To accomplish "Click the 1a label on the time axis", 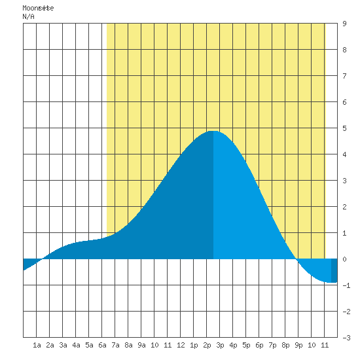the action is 37,345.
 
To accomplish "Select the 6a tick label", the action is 102,345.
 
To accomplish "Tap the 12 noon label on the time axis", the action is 181,345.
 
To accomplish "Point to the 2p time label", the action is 207,345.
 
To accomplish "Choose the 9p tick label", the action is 298,345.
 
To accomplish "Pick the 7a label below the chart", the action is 115,345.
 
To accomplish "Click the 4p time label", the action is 233,345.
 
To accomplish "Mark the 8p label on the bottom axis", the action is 285,345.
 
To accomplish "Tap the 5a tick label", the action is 89,345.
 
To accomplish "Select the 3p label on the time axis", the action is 220,345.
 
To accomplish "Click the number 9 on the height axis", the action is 344,24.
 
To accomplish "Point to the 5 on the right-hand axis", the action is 344,128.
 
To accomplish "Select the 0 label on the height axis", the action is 344,259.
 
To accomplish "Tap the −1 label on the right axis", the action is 346,285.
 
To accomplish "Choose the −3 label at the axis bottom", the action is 346,338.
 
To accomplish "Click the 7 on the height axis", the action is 344,76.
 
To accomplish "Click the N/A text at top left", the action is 28,16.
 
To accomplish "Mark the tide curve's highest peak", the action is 213,131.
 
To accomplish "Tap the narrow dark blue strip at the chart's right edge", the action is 334,270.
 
